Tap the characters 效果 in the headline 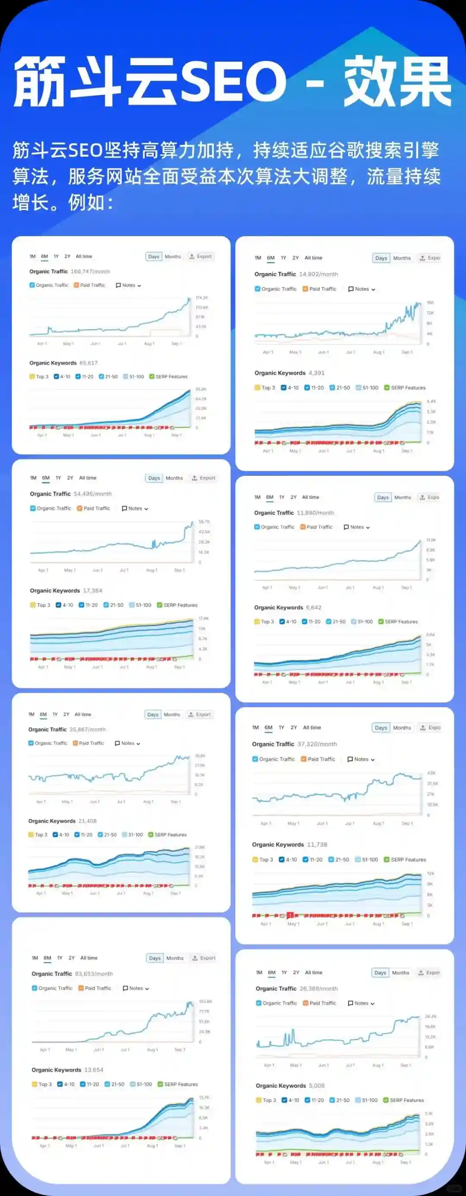point(397,81)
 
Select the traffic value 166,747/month point(91,272)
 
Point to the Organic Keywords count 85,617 point(88,363)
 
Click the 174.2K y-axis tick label point(202,297)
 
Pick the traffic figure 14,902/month point(318,275)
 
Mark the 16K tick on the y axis point(430,303)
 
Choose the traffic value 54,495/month point(93,494)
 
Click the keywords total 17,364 point(93,591)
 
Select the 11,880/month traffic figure point(315,513)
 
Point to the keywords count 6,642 point(314,607)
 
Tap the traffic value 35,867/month point(88,729)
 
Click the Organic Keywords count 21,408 point(88,821)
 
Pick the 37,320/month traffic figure point(318,744)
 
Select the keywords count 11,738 point(317,845)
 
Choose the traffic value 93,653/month point(94,974)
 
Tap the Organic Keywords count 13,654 point(94,1070)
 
